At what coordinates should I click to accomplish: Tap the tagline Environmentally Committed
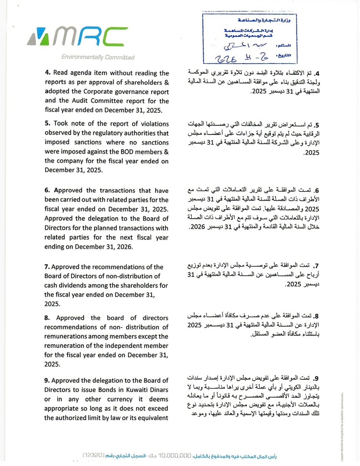click(x=98, y=57)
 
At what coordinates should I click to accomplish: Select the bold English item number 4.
click(x=47, y=73)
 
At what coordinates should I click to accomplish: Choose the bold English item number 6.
click(x=47, y=191)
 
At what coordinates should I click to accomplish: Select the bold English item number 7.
click(x=47, y=268)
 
